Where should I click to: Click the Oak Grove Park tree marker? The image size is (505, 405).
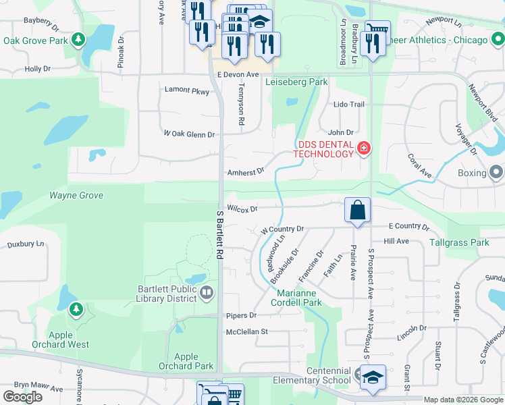coord(79,40)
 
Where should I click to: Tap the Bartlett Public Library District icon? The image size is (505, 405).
coord(207,293)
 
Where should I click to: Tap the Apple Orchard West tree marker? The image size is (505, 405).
coord(76,310)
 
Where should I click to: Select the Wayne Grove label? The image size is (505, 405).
coord(76,195)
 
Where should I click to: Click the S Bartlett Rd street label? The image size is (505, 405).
coord(220,235)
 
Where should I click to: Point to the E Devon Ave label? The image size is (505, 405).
coord(238,74)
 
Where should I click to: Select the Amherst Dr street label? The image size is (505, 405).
coord(245,173)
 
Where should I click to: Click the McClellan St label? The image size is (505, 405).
coord(247,331)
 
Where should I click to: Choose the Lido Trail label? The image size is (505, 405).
coord(349,105)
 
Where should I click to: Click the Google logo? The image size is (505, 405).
coord(23,397)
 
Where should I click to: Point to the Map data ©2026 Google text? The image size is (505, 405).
coord(462,400)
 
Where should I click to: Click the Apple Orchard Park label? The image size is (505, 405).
coord(186,362)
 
